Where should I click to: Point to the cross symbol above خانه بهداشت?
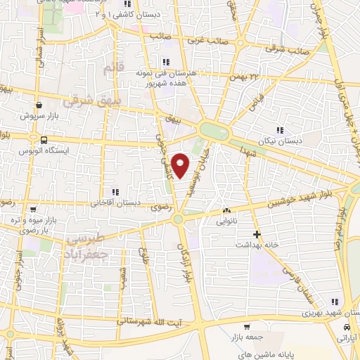[x=257, y=234]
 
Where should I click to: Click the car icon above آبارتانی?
[x=346, y=328]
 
